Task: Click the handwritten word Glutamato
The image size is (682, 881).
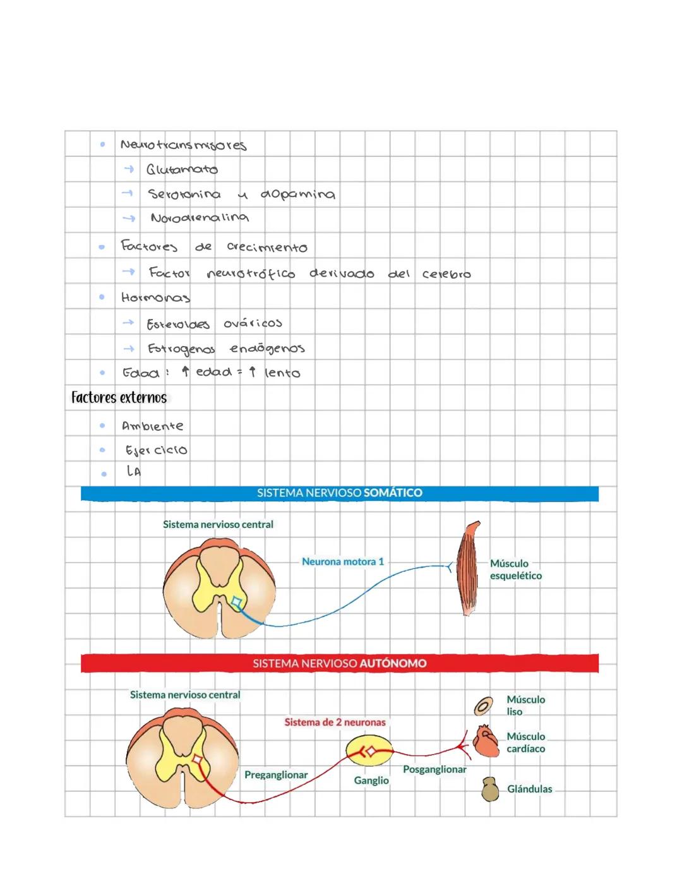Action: point(182,170)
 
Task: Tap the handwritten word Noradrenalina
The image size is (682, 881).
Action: point(200,218)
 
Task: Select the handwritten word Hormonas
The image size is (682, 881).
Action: point(155,297)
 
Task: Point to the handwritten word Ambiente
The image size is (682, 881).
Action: point(153,426)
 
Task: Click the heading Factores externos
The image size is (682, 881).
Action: point(119,398)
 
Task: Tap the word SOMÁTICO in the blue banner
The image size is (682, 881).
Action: point(393,493)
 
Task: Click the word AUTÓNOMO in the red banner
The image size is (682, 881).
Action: point(392,663)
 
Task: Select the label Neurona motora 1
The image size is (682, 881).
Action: point(342,561)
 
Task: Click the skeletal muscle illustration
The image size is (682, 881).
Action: point(470,568)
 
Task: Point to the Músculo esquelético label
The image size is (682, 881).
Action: point(515,570)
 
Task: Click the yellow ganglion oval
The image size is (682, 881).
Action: point(369,752)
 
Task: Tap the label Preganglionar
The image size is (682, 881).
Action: point(276,775)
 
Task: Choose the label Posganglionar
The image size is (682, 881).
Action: point(434,769)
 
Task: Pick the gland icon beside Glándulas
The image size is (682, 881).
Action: point(489,789)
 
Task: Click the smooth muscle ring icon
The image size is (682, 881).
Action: point(484,706)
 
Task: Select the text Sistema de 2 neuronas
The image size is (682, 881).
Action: point(335,722)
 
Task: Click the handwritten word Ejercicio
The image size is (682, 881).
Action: point(156,450)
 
